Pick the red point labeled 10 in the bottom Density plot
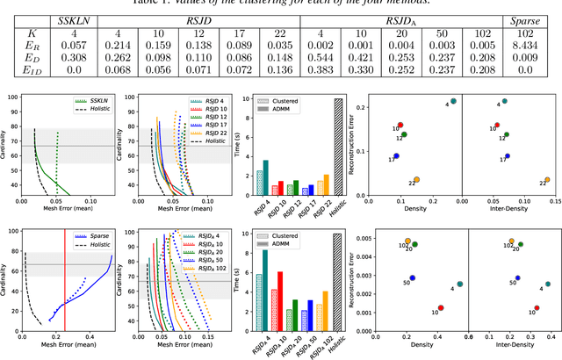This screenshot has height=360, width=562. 441,308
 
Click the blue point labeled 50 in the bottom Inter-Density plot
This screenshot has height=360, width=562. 518,277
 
